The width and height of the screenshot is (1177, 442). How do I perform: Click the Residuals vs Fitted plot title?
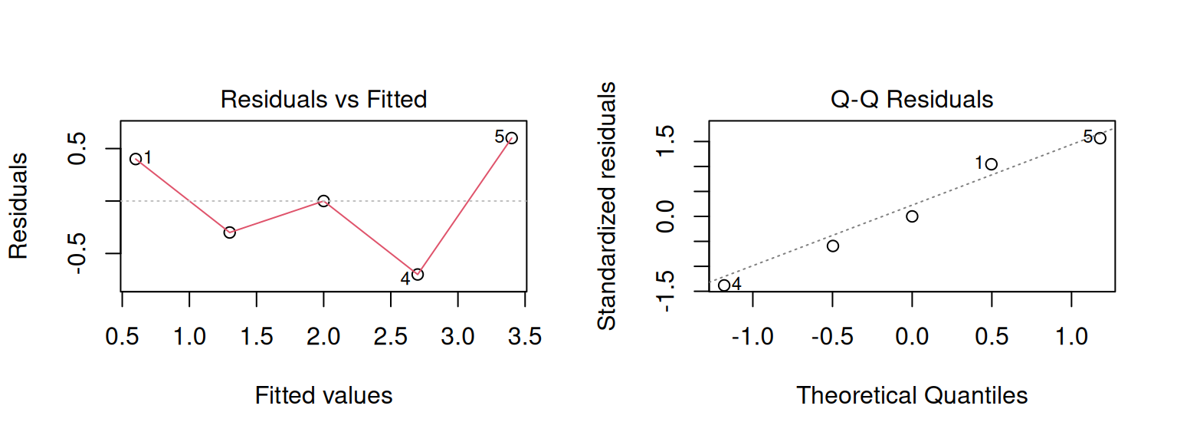point(323,100)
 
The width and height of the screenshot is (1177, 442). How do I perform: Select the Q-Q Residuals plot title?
point(912,100)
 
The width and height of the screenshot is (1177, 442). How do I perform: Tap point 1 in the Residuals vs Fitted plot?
point(136,159)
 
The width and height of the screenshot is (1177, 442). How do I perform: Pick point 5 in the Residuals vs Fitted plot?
point(511,138)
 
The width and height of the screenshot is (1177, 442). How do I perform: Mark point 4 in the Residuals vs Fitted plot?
point(418,274)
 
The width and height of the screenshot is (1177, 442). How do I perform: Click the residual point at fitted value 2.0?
point(323,201)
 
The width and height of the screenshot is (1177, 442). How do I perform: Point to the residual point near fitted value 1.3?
point(230,233)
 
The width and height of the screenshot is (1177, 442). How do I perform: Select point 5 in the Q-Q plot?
point(1100,138)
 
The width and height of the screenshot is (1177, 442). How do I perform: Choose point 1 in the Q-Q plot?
point(992,164)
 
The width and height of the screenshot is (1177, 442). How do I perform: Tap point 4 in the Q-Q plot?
point(724,285)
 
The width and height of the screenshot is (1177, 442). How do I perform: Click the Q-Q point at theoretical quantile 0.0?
point(912,216)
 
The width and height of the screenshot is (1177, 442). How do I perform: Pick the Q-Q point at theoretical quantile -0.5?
point(833,246)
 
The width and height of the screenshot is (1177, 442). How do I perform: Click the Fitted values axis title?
point(323,395)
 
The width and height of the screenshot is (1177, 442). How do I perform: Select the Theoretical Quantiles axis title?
point(912,395)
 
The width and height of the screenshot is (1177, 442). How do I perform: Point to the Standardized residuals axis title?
point(607,206)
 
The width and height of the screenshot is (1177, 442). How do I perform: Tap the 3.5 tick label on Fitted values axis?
point(525,337)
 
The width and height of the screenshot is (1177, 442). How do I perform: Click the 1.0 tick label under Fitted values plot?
point(189,337)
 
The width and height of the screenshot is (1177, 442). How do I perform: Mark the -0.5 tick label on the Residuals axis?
point(79,253)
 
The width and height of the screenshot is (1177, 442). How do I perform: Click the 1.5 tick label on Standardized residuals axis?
point(667,141)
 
